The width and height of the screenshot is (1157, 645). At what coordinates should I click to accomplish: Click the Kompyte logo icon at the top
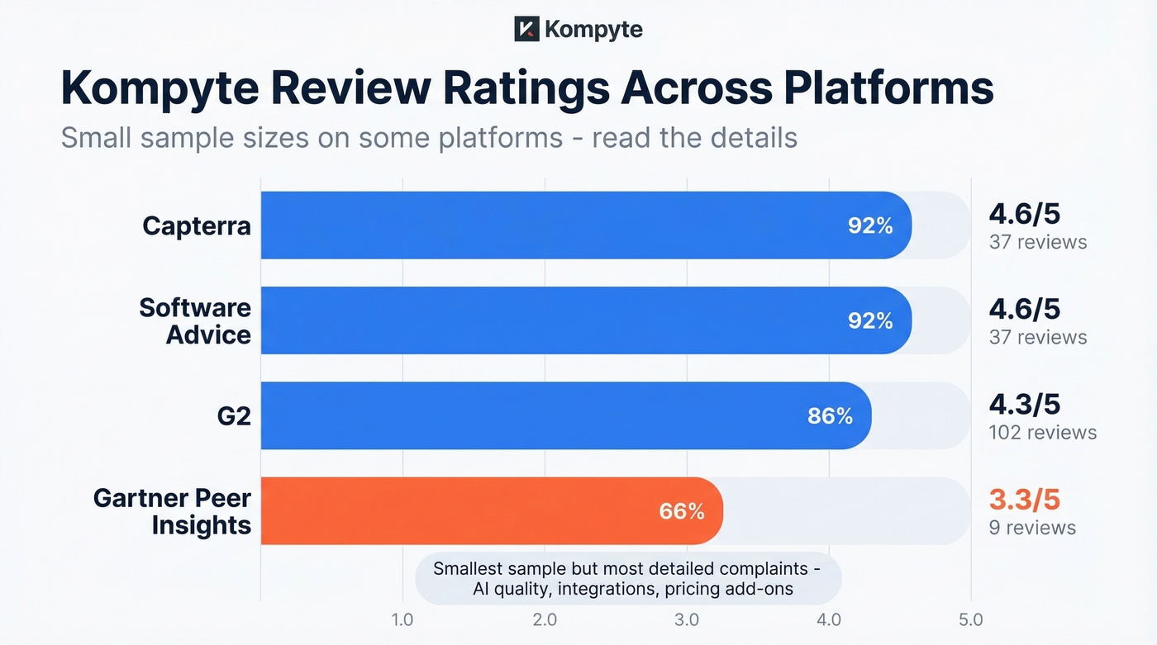[526, 30]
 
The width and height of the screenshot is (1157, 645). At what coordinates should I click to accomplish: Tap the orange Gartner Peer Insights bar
[492, 510]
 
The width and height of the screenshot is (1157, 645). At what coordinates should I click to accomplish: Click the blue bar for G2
[566, 415]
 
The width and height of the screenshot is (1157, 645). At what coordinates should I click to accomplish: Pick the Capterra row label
[196, 225]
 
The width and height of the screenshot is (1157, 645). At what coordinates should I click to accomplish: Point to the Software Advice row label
[195, 320]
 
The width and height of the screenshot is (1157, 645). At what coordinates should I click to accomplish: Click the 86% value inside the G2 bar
[830, 415]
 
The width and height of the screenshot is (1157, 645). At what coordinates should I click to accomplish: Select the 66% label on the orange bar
[682, 511]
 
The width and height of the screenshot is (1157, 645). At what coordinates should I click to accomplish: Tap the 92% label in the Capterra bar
[870, 225]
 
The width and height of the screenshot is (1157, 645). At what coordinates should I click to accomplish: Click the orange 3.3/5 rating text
[1024, 500]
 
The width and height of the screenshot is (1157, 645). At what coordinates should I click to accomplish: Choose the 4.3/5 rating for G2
[1024, 405]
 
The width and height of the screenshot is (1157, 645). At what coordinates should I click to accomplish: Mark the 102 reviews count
[1042, 432]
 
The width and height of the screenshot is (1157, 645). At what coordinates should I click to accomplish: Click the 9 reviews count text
[1032, 527]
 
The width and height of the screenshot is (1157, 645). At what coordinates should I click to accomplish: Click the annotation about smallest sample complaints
[627, 578]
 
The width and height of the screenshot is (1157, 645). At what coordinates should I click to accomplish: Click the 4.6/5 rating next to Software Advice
[1024, 310]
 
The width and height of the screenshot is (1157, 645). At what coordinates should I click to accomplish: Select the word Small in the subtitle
[95, 137]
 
